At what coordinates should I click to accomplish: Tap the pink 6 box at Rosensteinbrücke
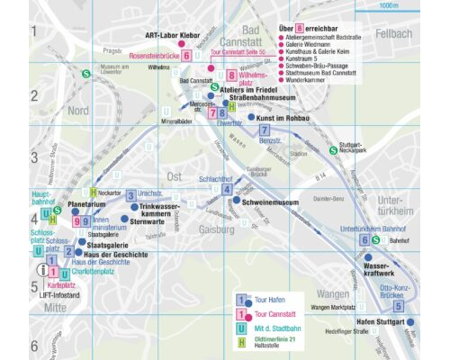click(x=185, y=55)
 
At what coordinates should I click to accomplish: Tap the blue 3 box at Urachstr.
click(x=130, y=194)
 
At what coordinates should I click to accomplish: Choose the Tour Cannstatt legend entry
click(x=276, y=315)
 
